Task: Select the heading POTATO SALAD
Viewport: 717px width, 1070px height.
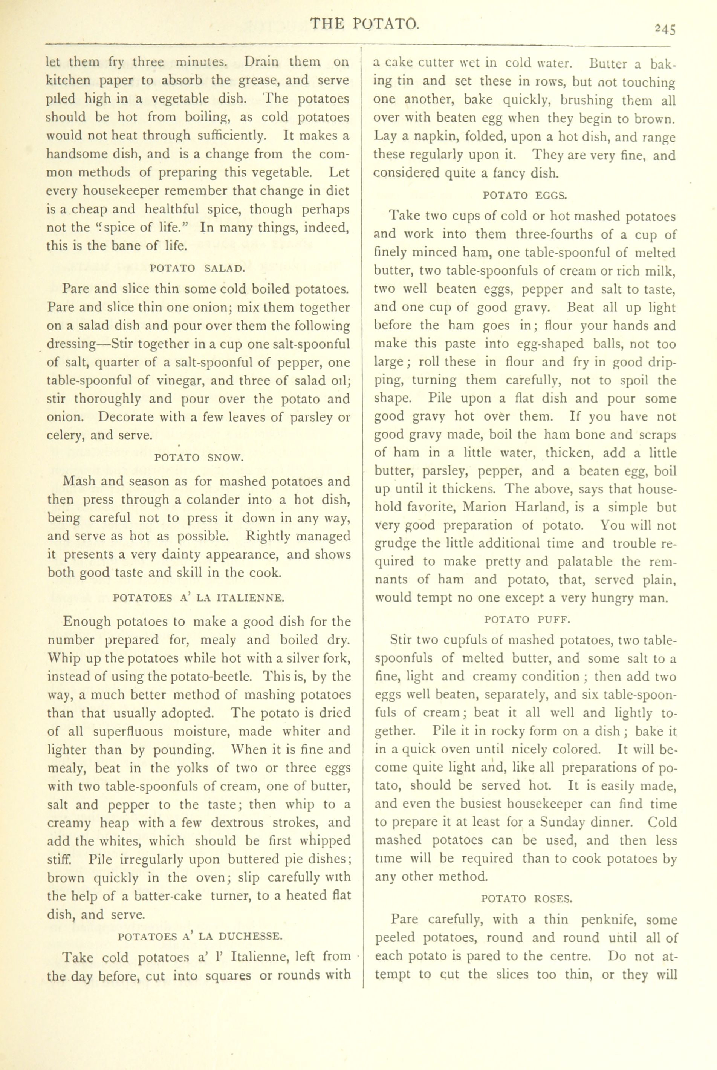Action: pos(197,268)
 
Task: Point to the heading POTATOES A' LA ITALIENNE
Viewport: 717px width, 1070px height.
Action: pos(199,597)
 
